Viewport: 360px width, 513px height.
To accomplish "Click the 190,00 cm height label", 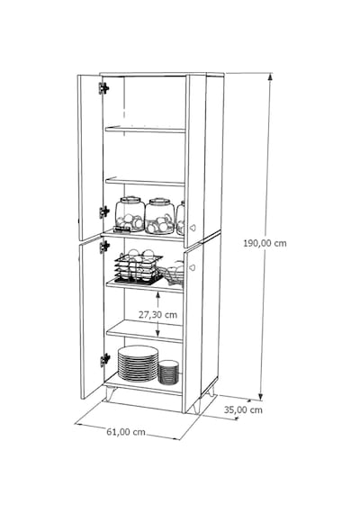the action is (x=265, y=243).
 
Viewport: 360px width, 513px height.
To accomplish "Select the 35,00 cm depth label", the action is (x=243, y=409).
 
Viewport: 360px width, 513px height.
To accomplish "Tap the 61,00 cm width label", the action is (x=126, y=432).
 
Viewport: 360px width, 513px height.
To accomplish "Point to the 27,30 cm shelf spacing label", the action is (x=157, y=315).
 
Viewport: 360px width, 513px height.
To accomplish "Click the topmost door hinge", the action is (x=103, y=88).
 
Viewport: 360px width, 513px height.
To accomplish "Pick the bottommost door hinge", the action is (x=104, y=360).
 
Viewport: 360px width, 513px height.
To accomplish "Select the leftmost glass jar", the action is (x=130, y=214).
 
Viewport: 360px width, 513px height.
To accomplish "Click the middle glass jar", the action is (x=159, y=216).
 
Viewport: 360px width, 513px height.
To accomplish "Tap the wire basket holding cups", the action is (x=138, y=268).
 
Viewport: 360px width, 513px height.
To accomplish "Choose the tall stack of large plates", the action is (x=138, y=364).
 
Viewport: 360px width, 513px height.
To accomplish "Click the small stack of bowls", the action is (x=168, y=373).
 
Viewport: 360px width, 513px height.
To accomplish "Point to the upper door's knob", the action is (x=193, y=228).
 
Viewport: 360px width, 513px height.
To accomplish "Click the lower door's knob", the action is (x=192, y=268).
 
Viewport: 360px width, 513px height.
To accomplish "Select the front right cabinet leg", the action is (x=195, y=408).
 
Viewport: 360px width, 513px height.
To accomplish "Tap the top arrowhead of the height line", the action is (x=270, y=76).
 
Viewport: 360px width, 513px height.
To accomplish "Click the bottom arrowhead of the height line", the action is (x=261, y=396).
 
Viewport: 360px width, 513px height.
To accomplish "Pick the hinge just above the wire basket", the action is (x=104, y=247).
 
